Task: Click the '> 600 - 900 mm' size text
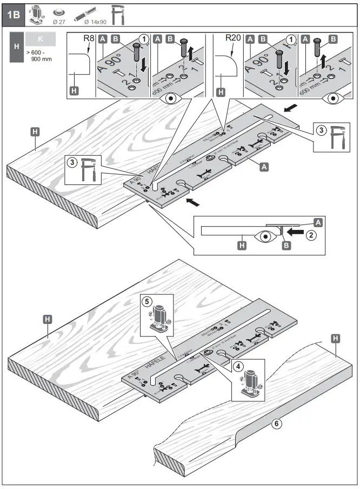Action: coord(39,55)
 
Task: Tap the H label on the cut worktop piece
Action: coord(336,339)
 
